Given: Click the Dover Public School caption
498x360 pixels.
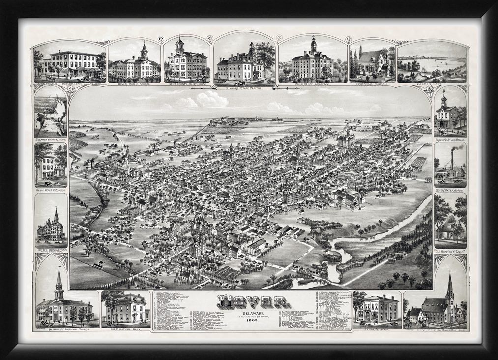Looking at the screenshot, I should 134,84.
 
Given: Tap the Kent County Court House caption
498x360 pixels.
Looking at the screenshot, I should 186,85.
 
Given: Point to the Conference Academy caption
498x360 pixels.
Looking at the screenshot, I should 312,85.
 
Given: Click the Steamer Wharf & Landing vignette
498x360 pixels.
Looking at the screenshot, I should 51,116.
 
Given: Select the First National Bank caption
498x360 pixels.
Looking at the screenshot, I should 126,329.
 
